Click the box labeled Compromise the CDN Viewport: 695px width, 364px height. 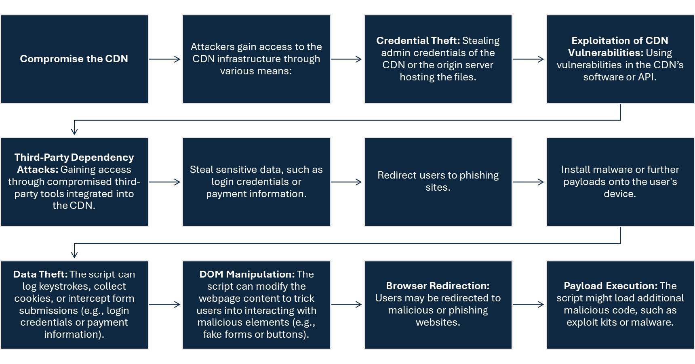coord(74,59)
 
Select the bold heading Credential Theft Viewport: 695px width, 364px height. coord(418,41)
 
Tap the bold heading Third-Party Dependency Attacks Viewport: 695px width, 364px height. coord(74,163)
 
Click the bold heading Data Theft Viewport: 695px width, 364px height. coord(40,274)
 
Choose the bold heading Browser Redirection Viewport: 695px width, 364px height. coord(438,286)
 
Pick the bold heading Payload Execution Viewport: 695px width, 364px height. coord(611,286)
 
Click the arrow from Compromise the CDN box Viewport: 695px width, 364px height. coord(165,59)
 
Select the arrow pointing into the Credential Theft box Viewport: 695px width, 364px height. coord(347,59)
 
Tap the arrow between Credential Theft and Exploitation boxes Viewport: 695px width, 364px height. coord(529,59)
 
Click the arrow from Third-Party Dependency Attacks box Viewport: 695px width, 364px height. coord(165,182)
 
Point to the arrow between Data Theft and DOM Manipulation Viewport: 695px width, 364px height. coord(165,305)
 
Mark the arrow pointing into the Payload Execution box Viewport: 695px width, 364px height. coord(529,305)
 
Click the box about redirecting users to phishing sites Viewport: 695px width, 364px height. coord(438,182)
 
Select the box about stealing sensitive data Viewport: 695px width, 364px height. coord(256,182)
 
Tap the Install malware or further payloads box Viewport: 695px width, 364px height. coord(620,182)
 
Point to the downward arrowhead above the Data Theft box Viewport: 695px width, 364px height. coord(74,254)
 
